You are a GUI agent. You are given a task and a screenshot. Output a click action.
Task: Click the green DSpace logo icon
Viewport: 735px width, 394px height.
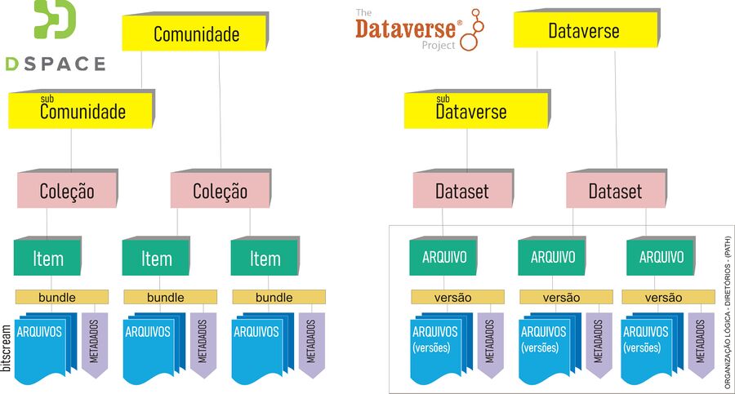(x=55, y=20)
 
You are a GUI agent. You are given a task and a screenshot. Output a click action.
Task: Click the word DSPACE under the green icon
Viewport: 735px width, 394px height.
(x=55, y=64)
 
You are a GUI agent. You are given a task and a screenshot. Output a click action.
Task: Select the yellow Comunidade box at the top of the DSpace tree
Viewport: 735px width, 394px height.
(x=195, y=34)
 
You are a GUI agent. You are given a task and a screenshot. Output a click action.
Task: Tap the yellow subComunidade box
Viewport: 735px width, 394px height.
(x=82, y=111)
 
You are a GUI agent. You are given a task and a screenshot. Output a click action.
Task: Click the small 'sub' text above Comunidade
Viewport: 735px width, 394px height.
(x=47, y=100)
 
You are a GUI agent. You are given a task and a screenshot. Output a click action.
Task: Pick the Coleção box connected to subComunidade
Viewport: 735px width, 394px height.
(x=67, y=192)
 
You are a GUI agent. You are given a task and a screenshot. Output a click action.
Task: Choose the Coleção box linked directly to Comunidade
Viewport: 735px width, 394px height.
(x=220, y=192)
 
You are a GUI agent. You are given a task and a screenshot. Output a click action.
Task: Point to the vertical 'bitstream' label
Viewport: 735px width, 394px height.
(x=7, y=348)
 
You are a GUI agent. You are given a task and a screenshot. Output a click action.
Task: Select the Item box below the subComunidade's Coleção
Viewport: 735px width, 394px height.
(x=47, y=259)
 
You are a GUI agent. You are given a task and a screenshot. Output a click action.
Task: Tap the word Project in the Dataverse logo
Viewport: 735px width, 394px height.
(x=439, y=46)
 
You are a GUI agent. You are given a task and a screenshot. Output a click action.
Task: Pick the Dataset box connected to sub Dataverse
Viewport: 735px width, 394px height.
(x=462, y=192)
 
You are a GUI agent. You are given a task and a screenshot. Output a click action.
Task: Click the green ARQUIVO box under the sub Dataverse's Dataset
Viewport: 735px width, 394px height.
(x=443, y=258)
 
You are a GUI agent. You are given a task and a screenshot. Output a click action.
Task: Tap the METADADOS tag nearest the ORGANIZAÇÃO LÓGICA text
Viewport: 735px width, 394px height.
(x=702, y=343)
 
